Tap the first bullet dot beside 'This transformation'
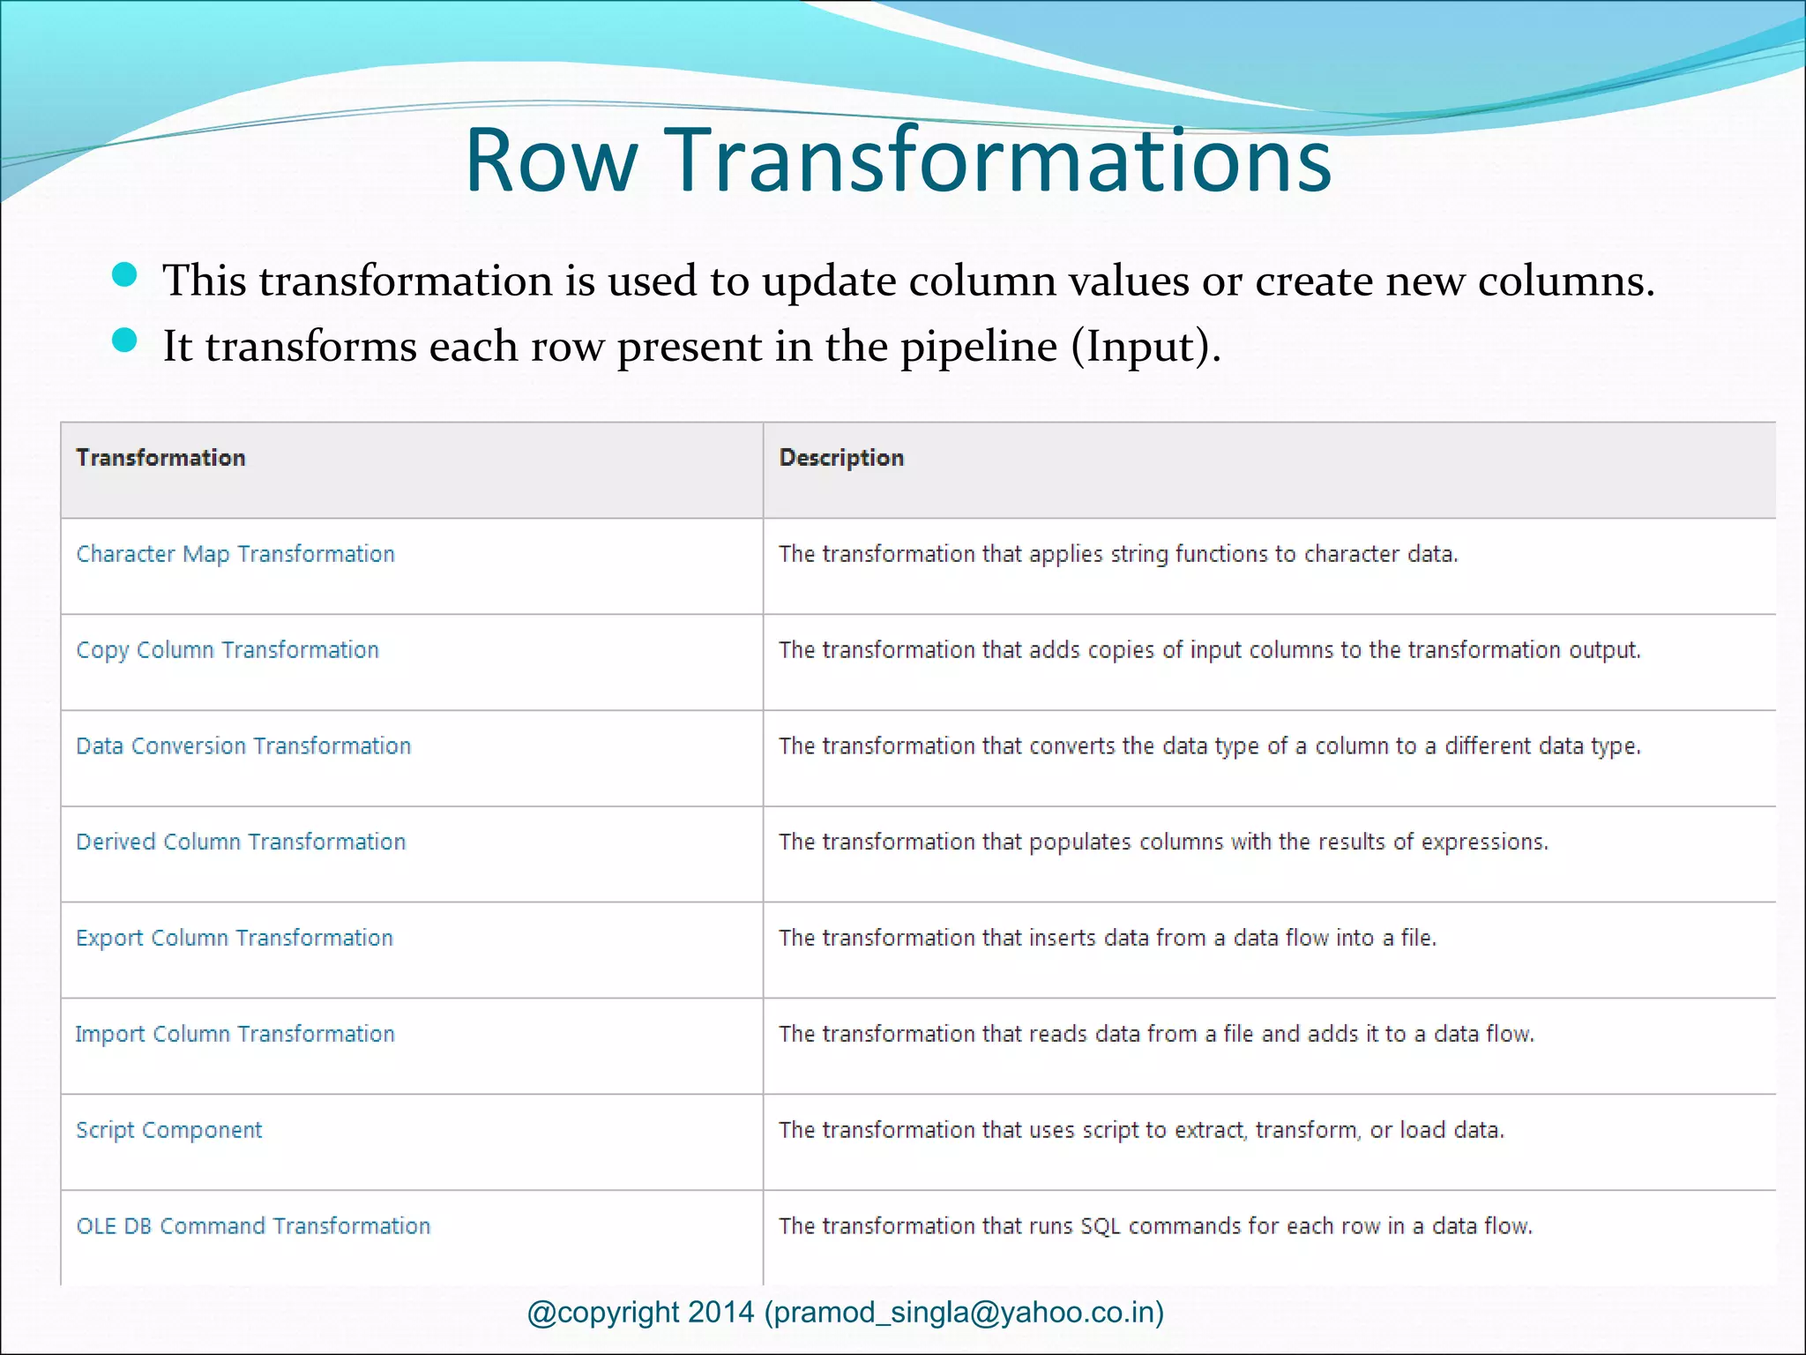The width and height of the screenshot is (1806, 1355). [x=125, y=275]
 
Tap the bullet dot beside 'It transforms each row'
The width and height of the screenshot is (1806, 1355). [x=125, y=341]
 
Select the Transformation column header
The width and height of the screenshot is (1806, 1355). [x=160, y=458]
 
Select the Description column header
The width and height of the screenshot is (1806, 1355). [x=841, y=458]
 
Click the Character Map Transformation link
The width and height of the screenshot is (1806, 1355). [x=235, y=554]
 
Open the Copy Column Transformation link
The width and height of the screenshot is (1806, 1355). [x=228, y=650]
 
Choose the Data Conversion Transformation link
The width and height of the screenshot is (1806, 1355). [x=243, y=746]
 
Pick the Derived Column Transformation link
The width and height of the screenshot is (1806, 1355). [x=241, y=842]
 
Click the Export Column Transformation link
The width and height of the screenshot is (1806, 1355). [x=235, y=938]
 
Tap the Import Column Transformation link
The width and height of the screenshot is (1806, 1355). [x=235, y=1034]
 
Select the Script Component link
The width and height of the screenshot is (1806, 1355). [x=169, y=1130]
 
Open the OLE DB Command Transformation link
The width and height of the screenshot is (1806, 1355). [x=253, y=1226]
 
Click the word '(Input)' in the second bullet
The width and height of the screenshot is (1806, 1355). [x=1146, y=346]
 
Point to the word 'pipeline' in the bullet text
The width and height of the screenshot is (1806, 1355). [x=978, y=346]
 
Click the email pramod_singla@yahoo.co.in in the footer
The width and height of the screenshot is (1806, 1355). [x=964, y=1313]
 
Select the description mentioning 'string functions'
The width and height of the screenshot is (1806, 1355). [x=1118, y=554]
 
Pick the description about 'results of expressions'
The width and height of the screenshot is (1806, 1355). [x=1163, y=842]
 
